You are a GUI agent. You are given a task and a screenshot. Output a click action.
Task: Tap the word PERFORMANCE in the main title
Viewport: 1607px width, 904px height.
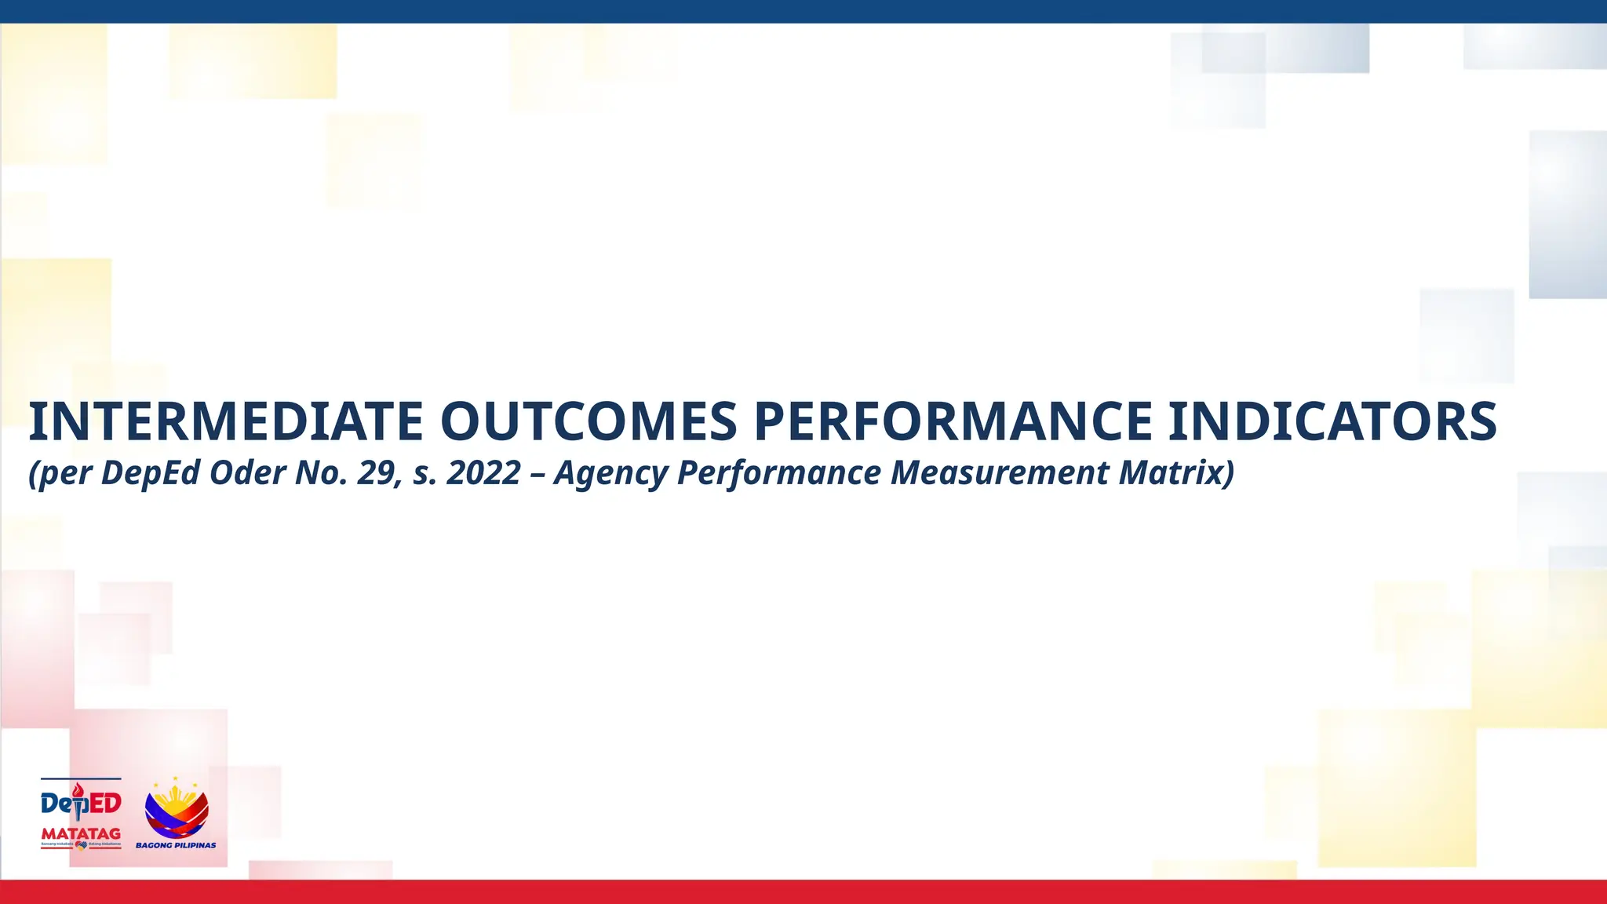click(953, 421)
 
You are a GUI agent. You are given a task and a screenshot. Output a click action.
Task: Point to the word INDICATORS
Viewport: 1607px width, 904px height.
click(1332, 421)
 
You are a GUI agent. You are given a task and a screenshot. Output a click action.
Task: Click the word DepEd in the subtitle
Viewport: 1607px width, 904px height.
click(151, 473)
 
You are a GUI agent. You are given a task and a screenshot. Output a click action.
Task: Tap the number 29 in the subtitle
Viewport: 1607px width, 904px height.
click(378, 473)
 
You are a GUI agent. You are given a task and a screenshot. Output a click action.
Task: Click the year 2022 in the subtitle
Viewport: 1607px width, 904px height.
click(483, 473)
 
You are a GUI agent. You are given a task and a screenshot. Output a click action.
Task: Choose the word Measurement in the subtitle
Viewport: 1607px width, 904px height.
click(1000, 473)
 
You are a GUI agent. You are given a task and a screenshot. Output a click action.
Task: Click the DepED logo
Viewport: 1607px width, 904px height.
click(81, 802)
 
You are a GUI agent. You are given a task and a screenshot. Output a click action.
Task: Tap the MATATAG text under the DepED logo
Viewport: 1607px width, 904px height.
click(81, 833)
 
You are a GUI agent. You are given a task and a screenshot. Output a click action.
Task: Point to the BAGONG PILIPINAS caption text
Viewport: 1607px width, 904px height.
click(176, 845)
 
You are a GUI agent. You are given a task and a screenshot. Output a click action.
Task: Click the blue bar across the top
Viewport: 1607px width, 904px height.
click(803, 11)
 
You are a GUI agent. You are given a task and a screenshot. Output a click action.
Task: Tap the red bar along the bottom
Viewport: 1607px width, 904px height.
click(803, 892)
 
